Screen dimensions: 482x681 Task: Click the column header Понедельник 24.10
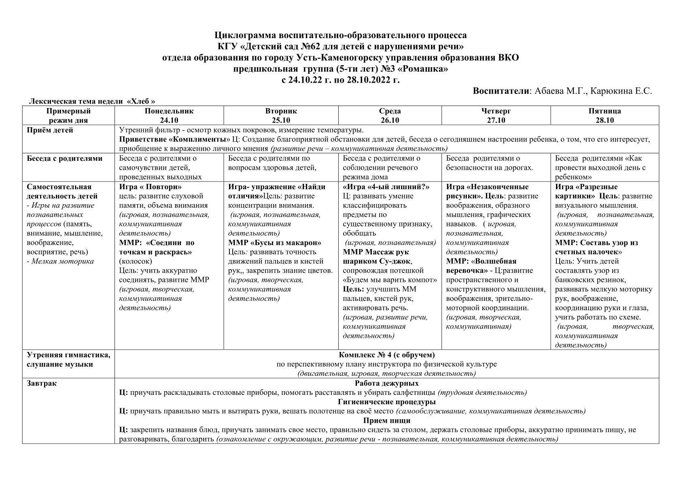click(169, 115)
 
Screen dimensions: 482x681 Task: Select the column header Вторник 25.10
click(281, 115)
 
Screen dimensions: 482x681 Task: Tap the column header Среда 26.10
click(390, 115)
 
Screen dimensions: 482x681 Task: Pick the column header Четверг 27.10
click(496, 115)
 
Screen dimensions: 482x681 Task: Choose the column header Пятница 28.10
click(605, 115)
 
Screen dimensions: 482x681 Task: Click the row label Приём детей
click(50, 130)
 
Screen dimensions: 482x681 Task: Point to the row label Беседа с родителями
click(65, 158)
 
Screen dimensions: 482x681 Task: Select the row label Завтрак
click(42, 384)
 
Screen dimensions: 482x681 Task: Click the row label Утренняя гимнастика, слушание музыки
click(68, 360)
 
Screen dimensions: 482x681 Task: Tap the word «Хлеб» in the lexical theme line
click(141, 101)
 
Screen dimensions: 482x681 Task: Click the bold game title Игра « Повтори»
click(151, 187)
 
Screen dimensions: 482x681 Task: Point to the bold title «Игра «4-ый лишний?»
click(386, 187)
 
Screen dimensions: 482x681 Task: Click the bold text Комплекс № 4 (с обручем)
click(386, 355)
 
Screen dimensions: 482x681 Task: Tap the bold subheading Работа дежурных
click(386, 384)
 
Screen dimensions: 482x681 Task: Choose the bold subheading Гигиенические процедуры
click(386, 402)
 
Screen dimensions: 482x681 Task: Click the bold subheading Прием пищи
click(386, 421)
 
